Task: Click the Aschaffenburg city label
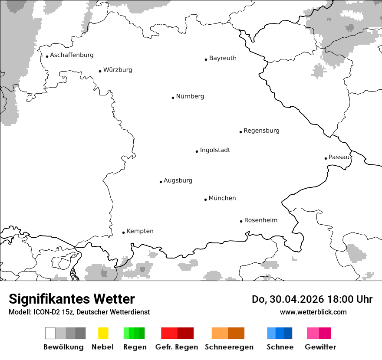72,55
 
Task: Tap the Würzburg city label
118,70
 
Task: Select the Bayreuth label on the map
223,58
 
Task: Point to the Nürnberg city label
190,96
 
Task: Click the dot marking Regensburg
240,132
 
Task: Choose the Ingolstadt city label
215,150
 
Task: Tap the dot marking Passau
326,158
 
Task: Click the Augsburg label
178,180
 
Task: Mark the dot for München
205,200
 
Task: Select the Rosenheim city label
261,220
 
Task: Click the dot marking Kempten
123,232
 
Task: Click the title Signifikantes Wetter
72,299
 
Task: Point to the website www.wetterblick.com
313,312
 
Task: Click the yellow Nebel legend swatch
103,333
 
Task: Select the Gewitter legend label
320,347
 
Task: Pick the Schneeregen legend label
229,347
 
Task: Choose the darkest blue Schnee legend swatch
288,333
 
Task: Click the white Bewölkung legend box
50,333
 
